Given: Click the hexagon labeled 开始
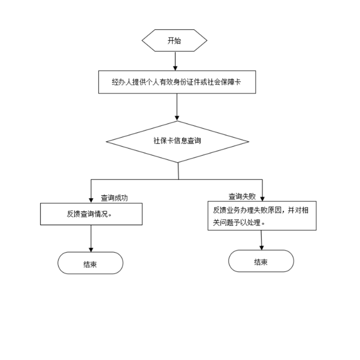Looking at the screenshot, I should (x=174, y=41).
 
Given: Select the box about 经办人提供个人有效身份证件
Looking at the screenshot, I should (x=177, y=82).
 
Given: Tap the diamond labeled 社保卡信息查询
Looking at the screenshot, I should (x=177, y=141).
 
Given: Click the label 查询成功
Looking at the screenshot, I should (x=115, y=197).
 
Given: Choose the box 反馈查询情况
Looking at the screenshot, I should (x=91, y=214).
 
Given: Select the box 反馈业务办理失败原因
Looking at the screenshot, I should (x=262, y=215).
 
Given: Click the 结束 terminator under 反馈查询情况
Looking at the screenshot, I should (x=91, y=263).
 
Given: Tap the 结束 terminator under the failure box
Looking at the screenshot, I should (x=261, y=261).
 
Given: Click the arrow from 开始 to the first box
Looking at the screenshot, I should (x=175, y=61).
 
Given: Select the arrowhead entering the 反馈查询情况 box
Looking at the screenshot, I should (x=91, y=200).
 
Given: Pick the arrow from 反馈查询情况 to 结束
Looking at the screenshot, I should (x=91, y=238).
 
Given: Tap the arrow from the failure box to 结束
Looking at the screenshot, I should (x=262, y=240).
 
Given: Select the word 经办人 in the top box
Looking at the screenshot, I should (x=121, y=82).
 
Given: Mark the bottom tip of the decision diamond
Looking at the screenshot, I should (x=178, y=163).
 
